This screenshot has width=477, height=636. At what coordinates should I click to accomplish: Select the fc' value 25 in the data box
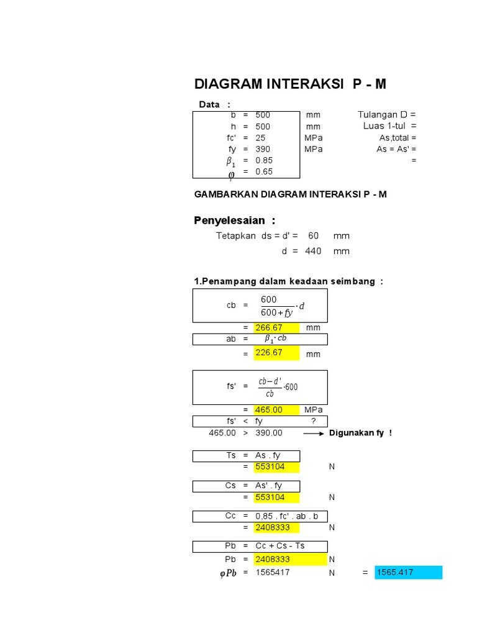[x=260, y=138]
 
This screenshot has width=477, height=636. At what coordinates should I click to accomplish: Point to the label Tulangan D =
[x=386, y=115]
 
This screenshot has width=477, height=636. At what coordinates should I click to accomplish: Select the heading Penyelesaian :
[x=235, y=220]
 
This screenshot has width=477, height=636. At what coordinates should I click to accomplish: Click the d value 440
[x=313, y=251]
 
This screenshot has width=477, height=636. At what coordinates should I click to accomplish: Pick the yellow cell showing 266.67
[x=276, y=327]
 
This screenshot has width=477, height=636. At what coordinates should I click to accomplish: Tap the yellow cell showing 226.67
[x=276, y=353]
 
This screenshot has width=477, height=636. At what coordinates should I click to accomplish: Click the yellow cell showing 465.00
[x=276, y=410]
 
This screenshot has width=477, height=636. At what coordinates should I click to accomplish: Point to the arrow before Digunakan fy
[x=313, y=433]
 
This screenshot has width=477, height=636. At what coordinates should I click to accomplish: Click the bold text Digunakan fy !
[x=360, y=433]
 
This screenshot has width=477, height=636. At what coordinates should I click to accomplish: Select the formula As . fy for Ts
[x=268, y=455]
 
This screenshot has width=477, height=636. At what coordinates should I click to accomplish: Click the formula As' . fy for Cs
[x=270, y=486]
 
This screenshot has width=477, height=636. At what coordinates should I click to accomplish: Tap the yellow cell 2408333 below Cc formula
[x=276, y=527]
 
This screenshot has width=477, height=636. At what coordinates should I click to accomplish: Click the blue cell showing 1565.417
[x=408, y=573]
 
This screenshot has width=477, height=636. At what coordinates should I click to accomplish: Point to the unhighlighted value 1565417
[x=273, y=573]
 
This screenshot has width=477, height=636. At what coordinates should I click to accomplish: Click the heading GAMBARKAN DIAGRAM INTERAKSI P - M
[x=291, y=194]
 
